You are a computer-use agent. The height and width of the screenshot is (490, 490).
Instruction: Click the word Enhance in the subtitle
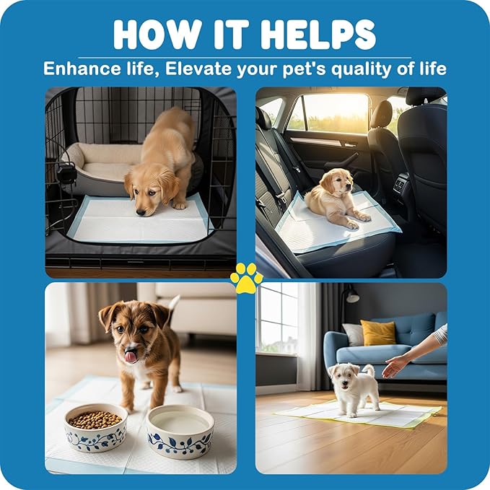click(79, 69)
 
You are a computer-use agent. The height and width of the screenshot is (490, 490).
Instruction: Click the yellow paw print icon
click(245, 277)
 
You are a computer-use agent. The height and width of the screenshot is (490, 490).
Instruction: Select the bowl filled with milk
click(180, 429)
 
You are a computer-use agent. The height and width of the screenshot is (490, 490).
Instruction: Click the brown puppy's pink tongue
click(130, 355)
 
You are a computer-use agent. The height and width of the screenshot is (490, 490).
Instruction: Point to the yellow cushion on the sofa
click(378, 333)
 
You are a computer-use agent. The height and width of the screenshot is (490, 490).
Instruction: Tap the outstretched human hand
click(395, 365)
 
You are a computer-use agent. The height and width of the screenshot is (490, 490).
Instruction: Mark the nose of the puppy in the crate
click(148, 210)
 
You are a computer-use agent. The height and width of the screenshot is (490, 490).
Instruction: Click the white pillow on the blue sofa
click(353, 334)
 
